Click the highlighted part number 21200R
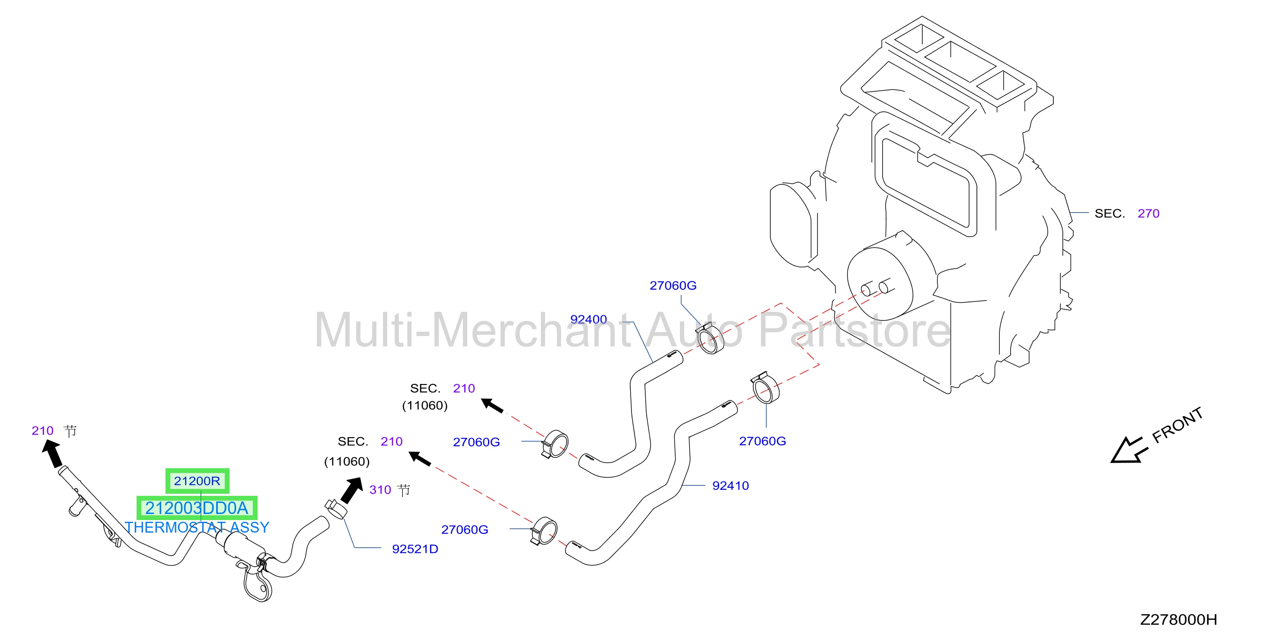197,481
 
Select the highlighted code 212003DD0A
197,508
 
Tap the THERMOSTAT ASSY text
197,527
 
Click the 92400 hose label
588,319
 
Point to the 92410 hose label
730,486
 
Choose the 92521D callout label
415,549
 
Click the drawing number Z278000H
1179,620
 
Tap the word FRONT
1177,425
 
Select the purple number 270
1148,214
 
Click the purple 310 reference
380,490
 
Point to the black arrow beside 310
352,491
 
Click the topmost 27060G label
673,286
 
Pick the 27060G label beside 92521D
464,530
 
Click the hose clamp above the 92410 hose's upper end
765,387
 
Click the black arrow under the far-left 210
53,453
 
